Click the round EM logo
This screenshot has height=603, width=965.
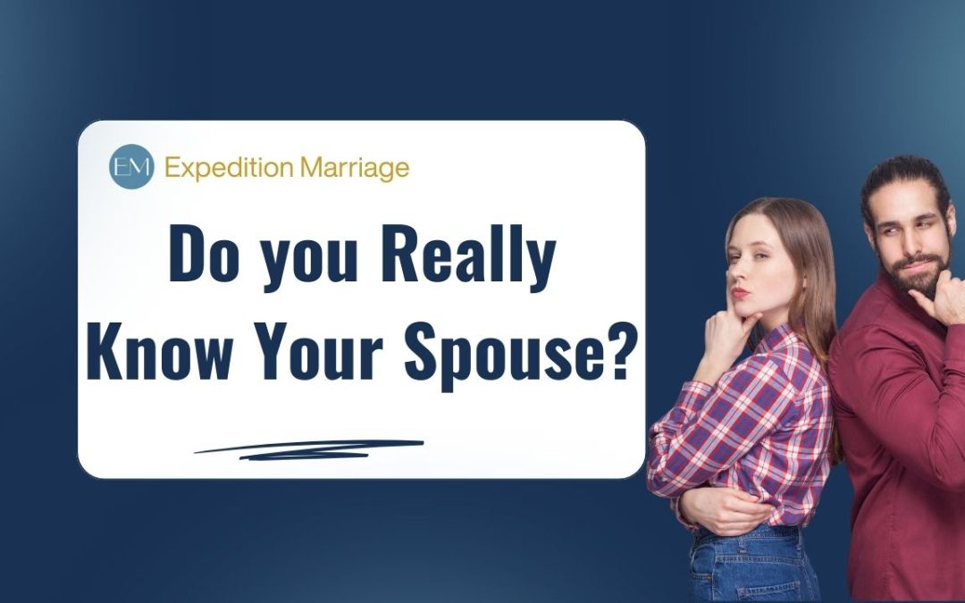click(131, 166)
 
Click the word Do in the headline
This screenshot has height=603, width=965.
click(203, 254)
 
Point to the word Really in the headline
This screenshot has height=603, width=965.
click(468, 258)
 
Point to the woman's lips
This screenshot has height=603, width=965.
click(740, 291)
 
